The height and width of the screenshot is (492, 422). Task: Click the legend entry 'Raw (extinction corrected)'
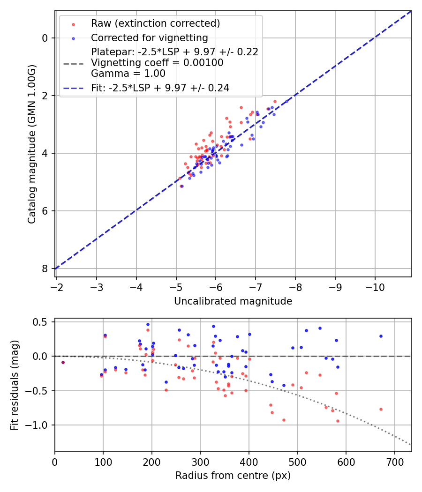[x=155, y=23]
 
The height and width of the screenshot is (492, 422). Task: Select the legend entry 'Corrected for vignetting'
[x=149, y=38]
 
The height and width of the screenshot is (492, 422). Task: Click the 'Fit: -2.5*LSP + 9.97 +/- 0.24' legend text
[x=160, y=88]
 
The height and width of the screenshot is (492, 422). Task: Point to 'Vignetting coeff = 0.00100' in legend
[x=157, y=63]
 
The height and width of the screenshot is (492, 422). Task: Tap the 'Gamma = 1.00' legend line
[x=128, y=73]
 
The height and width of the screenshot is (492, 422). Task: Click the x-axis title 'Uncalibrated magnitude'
[x=233, y=301]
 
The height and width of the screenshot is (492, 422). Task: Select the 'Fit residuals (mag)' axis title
[x=15, y=385]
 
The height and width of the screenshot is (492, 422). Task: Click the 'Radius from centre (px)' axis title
[x=233, y=476]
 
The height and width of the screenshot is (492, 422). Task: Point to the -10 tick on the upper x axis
[x=375, y=285]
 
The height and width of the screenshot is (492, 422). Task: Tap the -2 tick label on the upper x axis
[x=57, y=285]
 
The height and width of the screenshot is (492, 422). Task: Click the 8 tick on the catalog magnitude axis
[x=45, y=268]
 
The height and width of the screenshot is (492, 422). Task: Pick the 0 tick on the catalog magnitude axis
[x=45, y=38]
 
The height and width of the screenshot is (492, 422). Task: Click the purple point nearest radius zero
[x=63, y=362]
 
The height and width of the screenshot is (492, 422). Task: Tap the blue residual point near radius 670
[x=381, y=336]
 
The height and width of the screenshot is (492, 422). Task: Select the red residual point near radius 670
[x=381, y=409]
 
